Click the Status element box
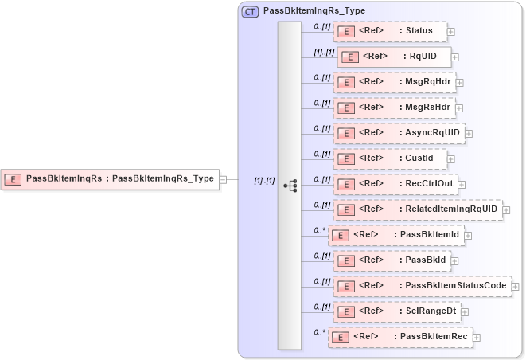(x=389, y=31)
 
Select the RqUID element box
(x=395, y=57)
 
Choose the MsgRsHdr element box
(x=394, y=107)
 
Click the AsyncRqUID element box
(x=398, y=132)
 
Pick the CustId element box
(x=389, y=158)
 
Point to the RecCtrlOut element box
(x=395, y=183)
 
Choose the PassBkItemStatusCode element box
(x=422, y=285)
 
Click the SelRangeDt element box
(x=396, y=311)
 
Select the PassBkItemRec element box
(x=400, y=337)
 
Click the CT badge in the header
(x=250, y=11)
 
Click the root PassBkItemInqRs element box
(x=111, y=179)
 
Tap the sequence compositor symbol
(x=290, y=185)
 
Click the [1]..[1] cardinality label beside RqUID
(x=324, y=51)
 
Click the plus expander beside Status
(x=451, y=32)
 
